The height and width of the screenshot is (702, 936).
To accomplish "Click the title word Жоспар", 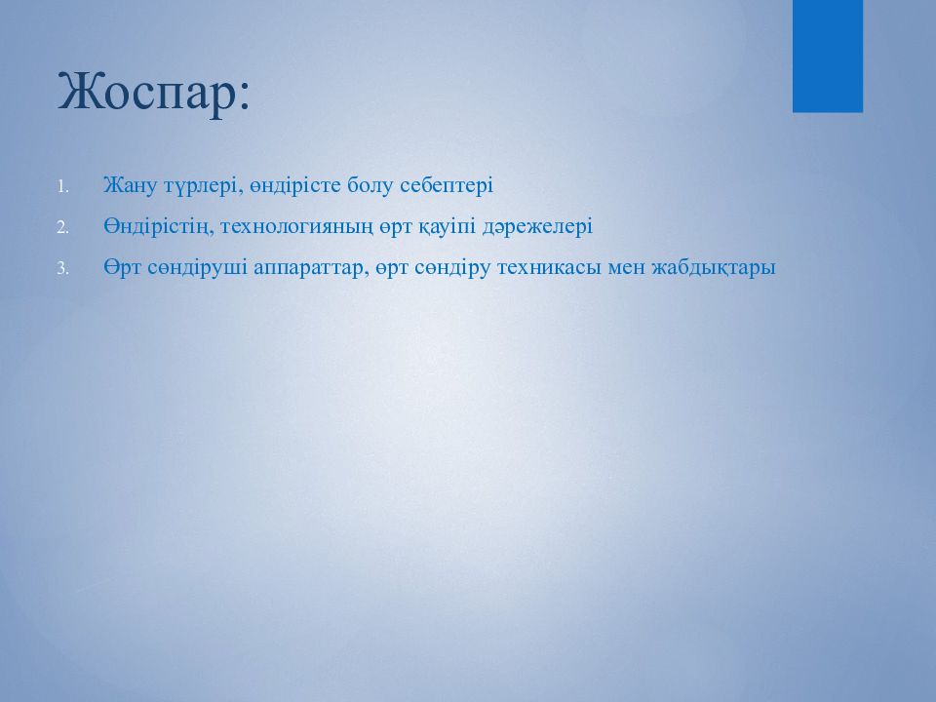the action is coord(148,92).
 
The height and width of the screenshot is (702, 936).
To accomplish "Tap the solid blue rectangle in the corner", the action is coord(828,57).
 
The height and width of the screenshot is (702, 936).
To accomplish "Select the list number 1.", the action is coord(63,187).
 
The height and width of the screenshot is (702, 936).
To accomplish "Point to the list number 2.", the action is coord(63,227).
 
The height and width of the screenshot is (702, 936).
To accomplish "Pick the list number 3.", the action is coord(63,269).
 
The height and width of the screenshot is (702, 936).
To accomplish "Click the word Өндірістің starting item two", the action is coord(159,227).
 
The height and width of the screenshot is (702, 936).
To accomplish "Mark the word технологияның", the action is coord(297,227).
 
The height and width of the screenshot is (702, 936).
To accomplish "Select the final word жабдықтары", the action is coord(714,267).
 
